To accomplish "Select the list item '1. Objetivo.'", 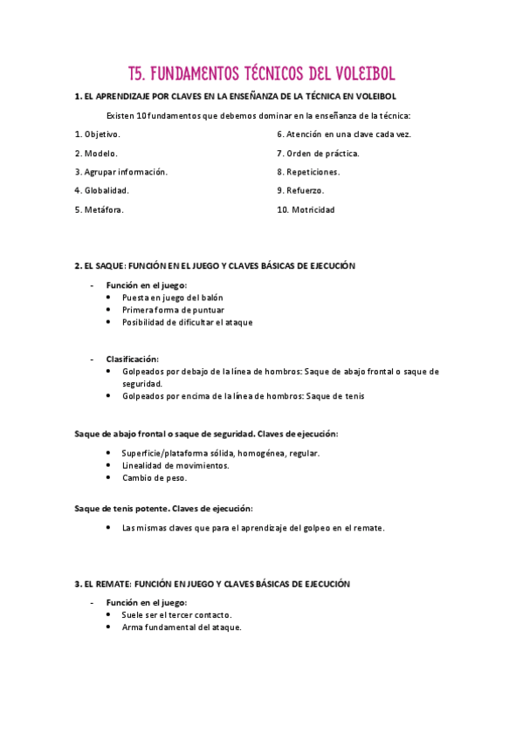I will tap(98, 134).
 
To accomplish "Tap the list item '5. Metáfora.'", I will tap(100, 209).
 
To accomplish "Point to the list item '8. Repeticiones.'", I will tap(308, 172).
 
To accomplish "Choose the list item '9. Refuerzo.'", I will tap(300, 190).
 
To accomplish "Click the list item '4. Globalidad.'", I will tap(102, 190).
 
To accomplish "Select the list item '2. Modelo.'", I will tap(96, 154).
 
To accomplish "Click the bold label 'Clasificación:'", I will tap(133, 359).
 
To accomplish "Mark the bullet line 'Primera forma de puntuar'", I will tap(173, 310).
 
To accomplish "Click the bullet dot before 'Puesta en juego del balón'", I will tap(107, 298).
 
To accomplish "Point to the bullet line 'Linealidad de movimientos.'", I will tap(175, 465).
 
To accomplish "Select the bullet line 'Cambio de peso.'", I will tap(155, 477).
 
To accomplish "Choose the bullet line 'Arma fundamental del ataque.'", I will tap(182, 627).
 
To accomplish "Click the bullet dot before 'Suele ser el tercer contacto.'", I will tap(107, 614).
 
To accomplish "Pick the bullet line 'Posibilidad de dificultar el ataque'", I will tap(187, 322).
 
